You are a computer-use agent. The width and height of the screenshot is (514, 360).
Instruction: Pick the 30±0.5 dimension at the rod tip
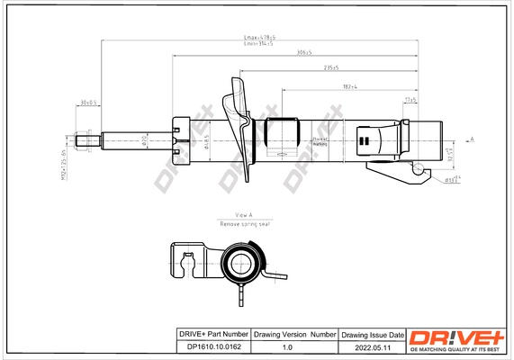click(x=89, y=102)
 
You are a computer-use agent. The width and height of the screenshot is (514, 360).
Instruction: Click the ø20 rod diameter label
click(x=145, y=139)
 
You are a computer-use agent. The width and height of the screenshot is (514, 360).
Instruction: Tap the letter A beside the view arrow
click(x=473, y=139)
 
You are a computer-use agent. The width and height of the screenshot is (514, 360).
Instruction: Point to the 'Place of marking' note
click(x=319, y=141)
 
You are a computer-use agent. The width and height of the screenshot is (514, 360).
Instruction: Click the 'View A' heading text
click(x=244, y=215)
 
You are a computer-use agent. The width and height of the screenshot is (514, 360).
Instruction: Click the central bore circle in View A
click(x=240, y=265)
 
